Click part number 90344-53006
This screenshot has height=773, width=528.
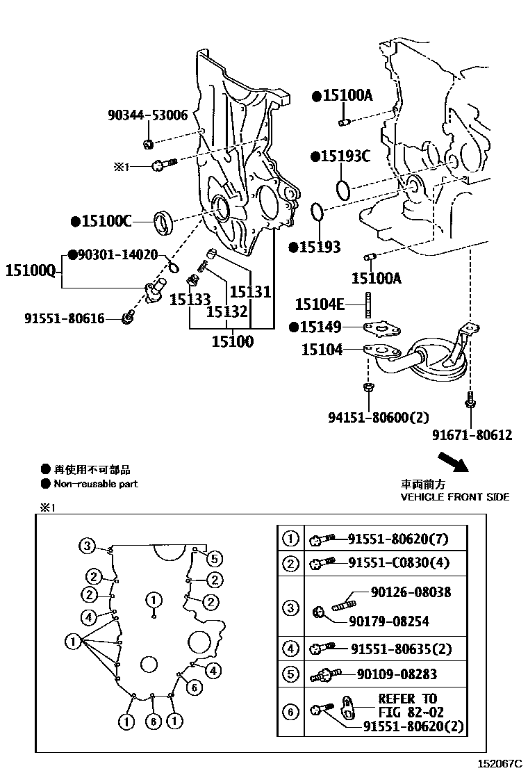pos(147,115)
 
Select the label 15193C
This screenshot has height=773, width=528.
pos(345,156)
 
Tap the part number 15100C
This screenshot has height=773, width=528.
pos(106,222)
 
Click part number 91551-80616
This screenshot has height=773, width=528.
pos(64,318)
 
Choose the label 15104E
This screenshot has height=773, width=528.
pos(320,304)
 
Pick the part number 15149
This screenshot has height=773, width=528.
pos(323,327)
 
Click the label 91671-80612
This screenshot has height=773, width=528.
pos(472,436)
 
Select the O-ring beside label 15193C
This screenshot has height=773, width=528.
pos(343,189)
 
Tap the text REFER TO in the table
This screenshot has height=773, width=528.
pos(408,699)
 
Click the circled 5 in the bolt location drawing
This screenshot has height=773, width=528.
pos(214,558)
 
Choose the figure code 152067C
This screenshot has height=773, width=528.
pos(499,763)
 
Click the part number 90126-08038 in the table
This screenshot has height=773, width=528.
pos(411,592)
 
